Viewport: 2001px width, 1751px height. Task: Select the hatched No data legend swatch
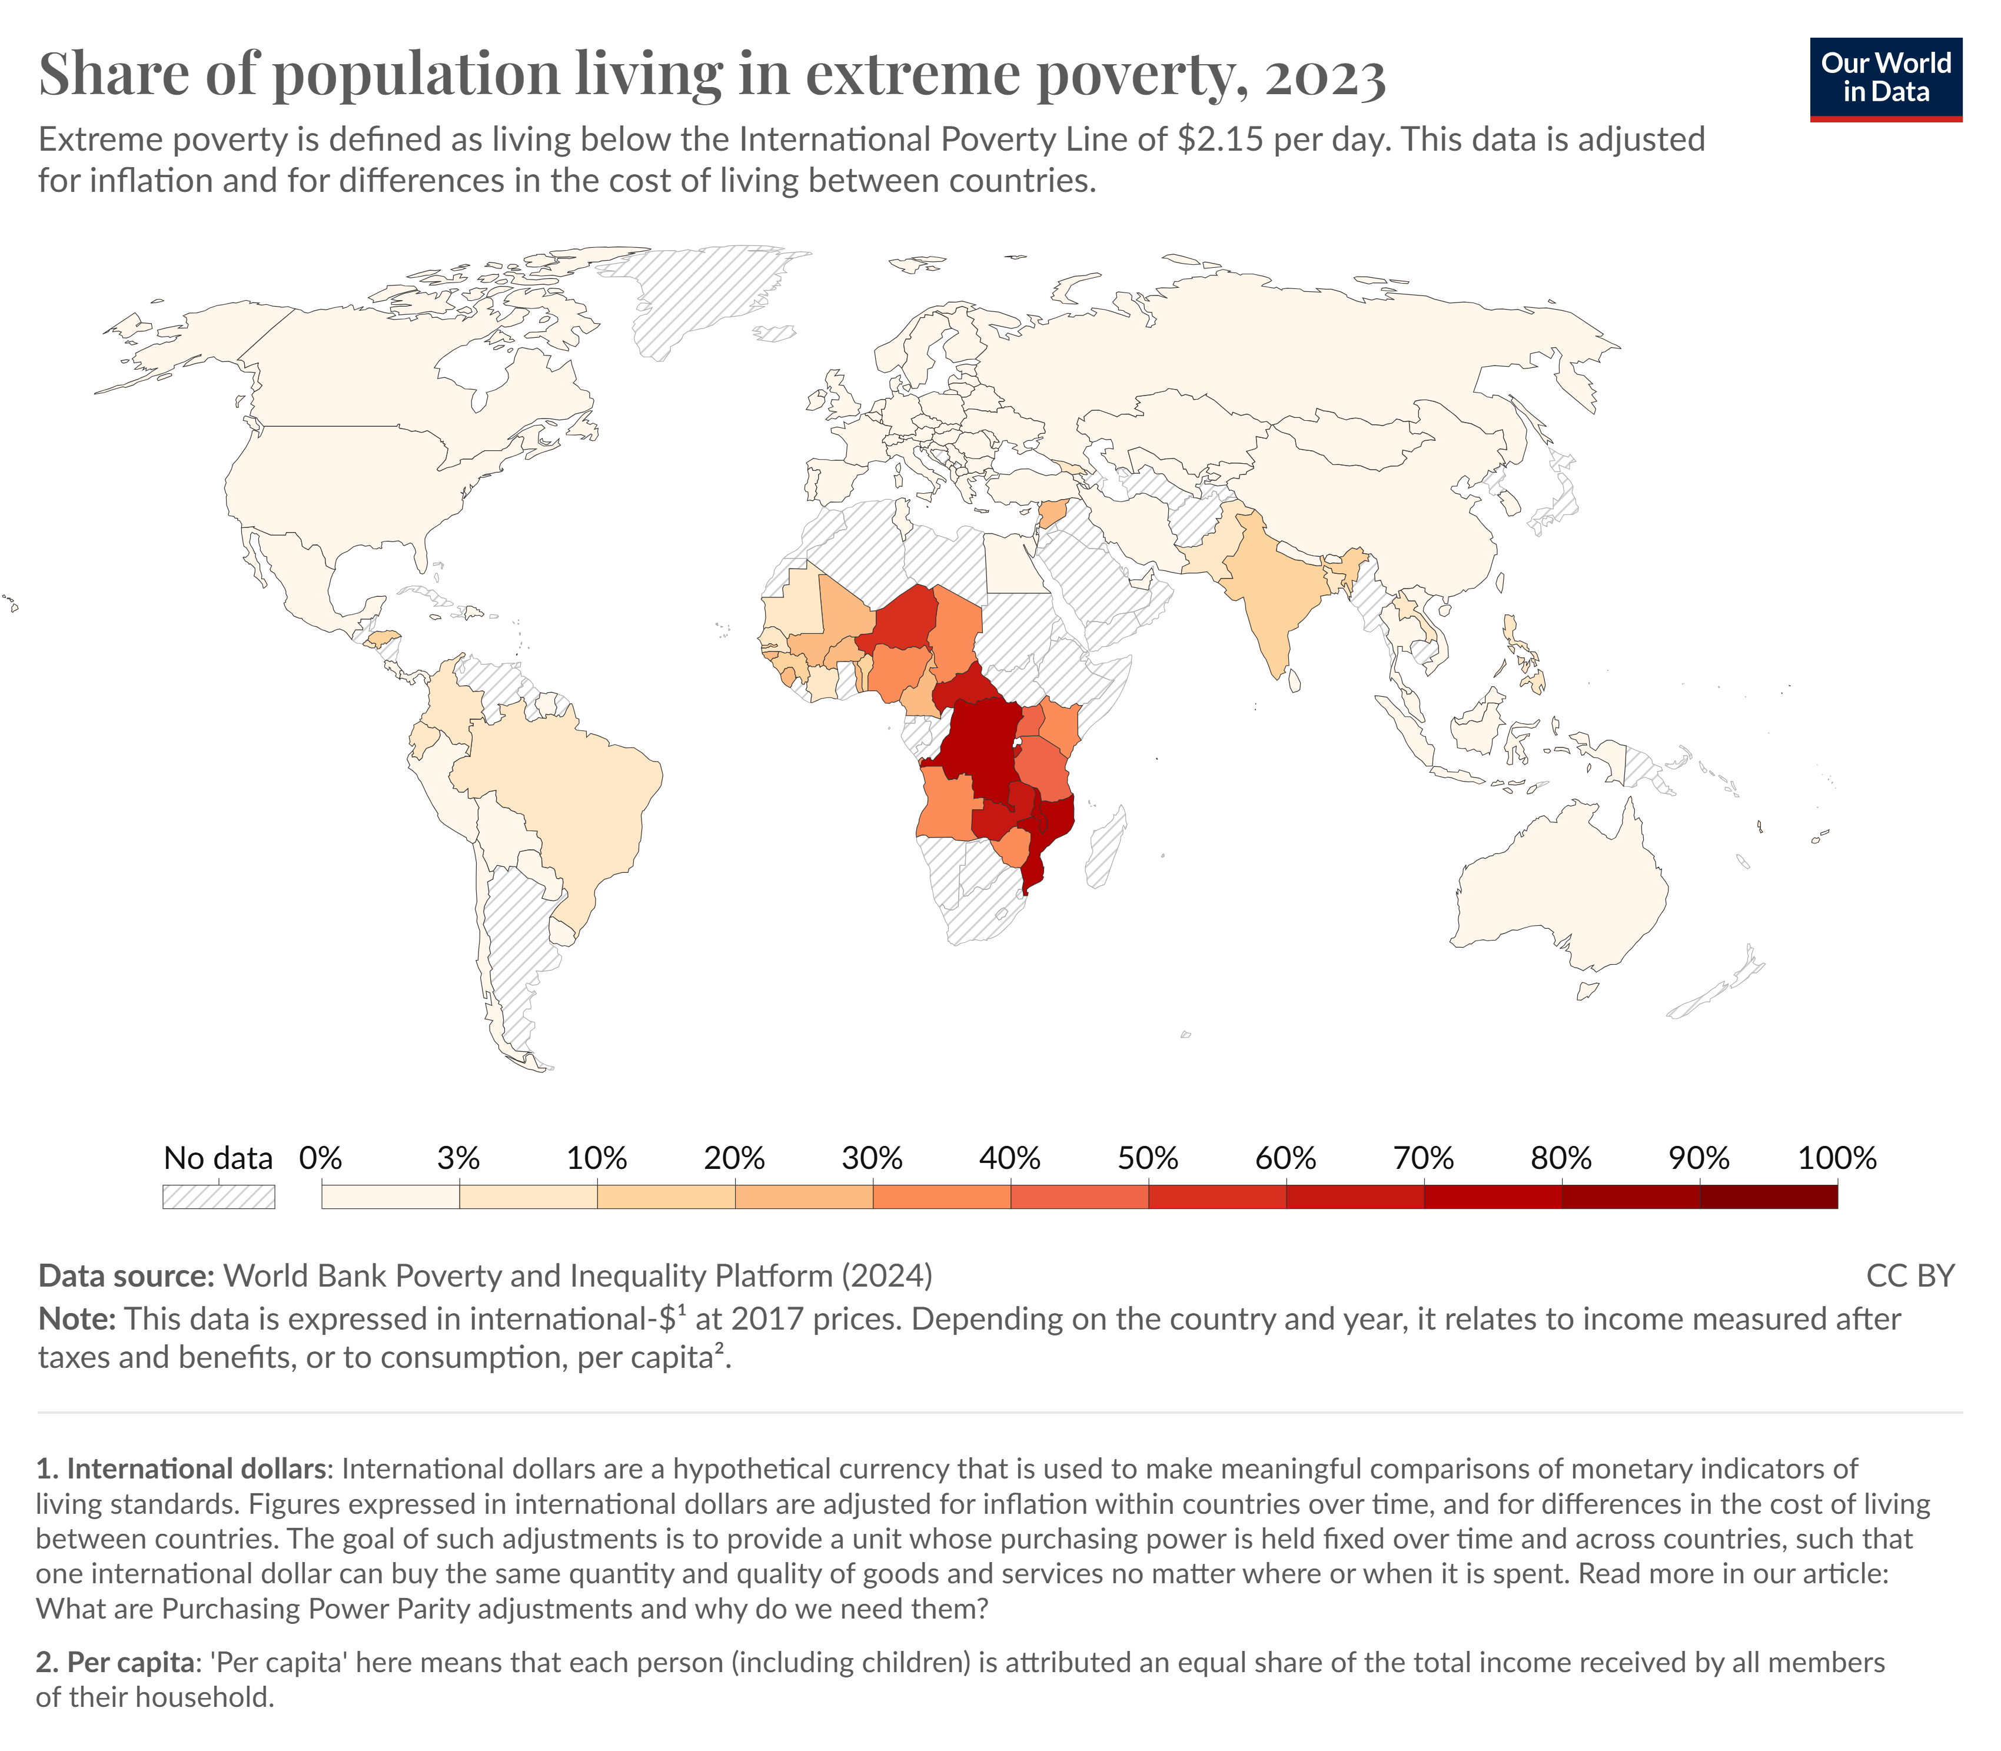[x=218, y=1197]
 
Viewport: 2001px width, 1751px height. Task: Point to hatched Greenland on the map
[x=694, y=293]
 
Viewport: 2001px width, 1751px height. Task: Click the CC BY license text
[x=1909, y=1276]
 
